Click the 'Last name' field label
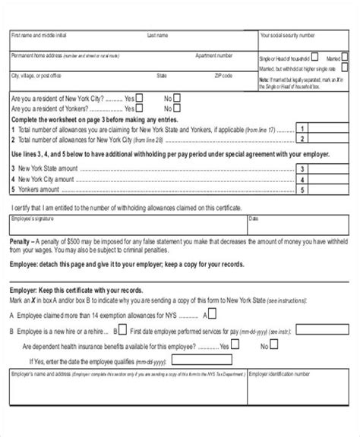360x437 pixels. click(x=157, y=35)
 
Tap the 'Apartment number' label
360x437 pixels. click(x=213, y=55)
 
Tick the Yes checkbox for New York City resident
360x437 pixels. click(x=141, y=98)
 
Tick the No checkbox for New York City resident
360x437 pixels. click(x=177, y=98)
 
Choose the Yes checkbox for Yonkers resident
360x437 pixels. click(x=141, y=108)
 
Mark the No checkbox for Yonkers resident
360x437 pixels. click(x=177, y=108)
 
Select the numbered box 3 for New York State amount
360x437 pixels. click(x=303, y=169)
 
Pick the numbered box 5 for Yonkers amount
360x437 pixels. click(x=303, y=190)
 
